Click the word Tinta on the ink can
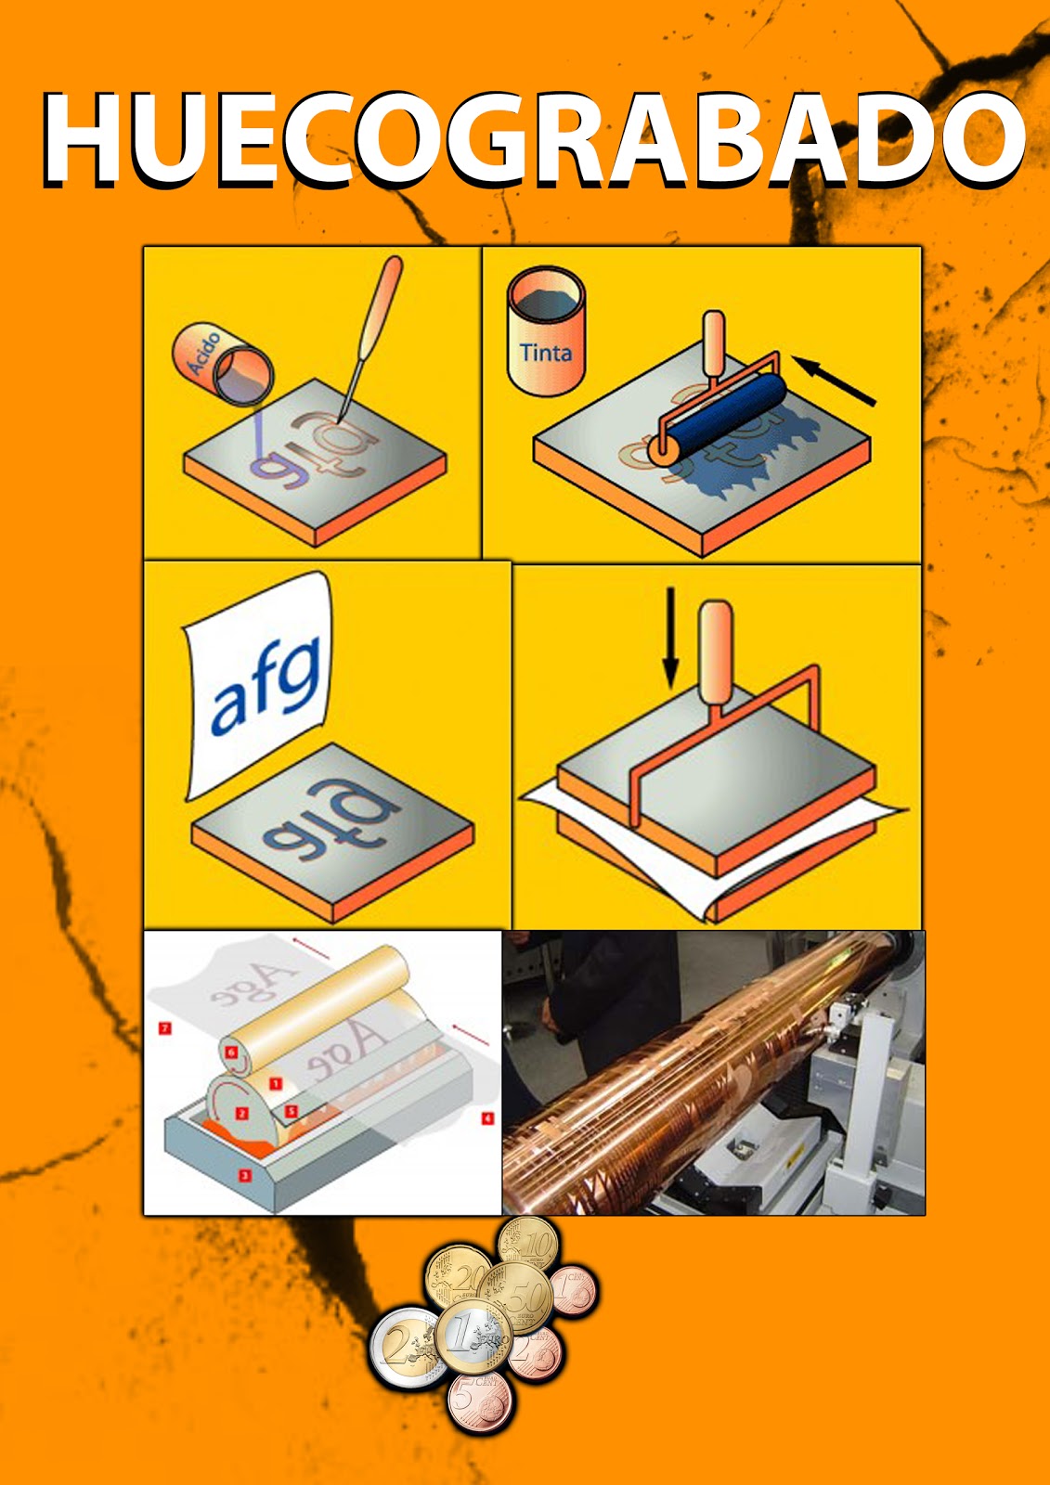[x=546, y=353]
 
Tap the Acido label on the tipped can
[x=201, y=353]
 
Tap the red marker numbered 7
[x=165, y=1028]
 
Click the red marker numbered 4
[x=487, y=1117]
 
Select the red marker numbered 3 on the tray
[x=245, y=1175]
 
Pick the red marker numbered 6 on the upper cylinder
[x=232, y=1052]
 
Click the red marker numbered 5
[x=291, y=1110]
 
